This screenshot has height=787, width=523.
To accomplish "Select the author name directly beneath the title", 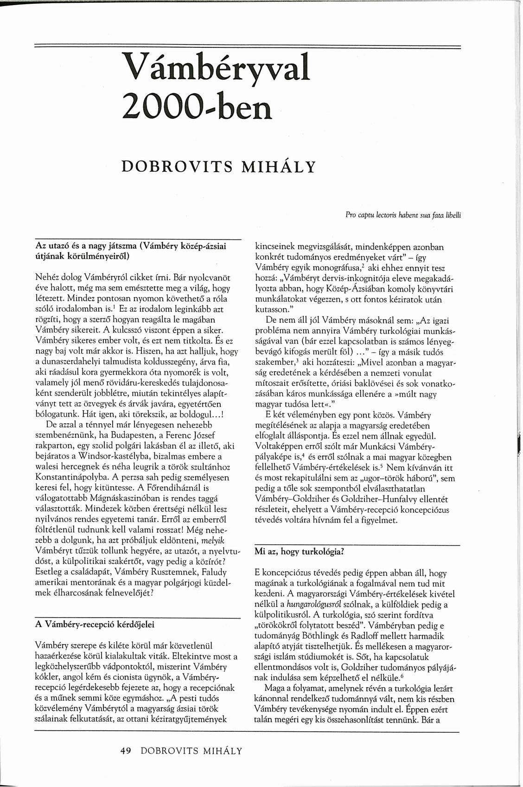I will click(x=218, y=166).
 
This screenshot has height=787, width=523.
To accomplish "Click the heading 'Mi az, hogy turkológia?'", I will click(x=299, y=552).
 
